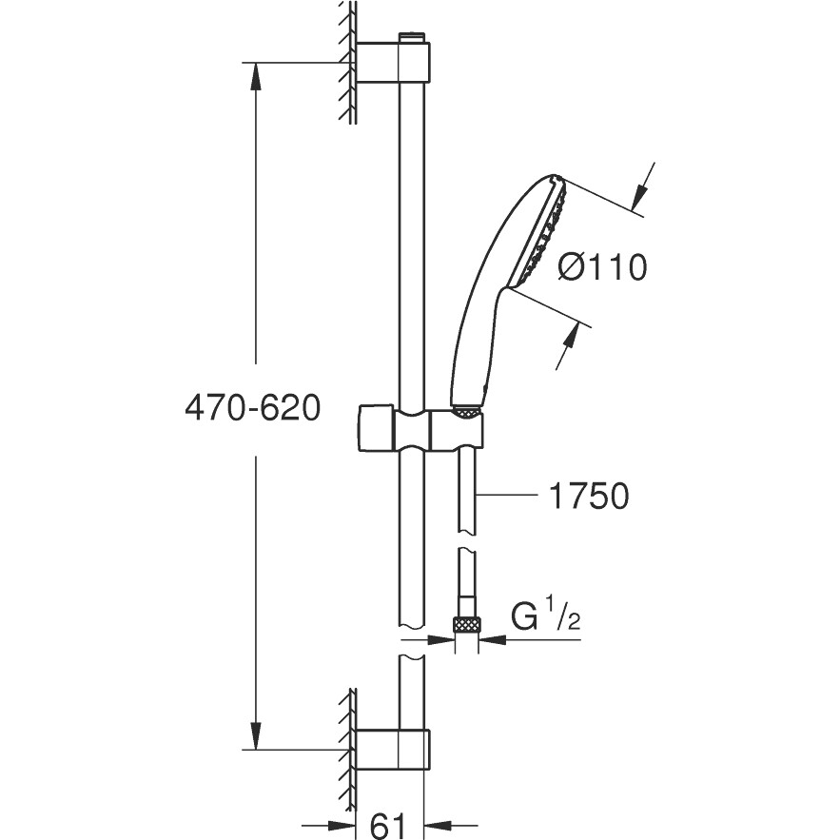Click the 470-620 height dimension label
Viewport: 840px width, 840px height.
[x=252, y=409]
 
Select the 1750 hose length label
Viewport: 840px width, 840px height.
[x=589, y=497]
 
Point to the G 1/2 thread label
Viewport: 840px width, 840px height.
[x=545, y=616]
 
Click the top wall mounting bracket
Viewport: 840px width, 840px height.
[x=393, y=63]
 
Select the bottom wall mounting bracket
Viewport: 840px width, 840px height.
[x=393, y=750]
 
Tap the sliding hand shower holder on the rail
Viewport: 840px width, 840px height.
[x=420, y=429]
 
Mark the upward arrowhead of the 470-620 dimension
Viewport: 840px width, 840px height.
[x=256, y=77]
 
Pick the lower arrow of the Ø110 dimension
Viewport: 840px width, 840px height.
[x=568, y=346]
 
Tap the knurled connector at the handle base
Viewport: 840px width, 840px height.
[x=467, y=410]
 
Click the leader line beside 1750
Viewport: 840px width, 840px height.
[x=507, y=496]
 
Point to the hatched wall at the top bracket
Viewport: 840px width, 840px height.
[x=347, y=63]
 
